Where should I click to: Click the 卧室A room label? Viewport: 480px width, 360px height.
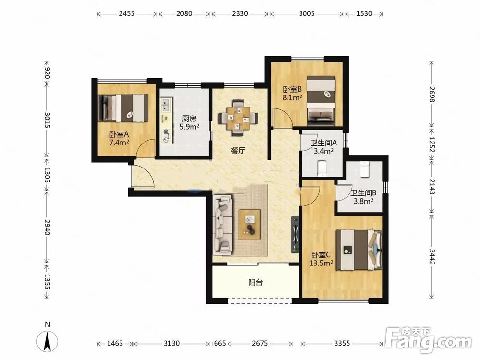coord(119,134)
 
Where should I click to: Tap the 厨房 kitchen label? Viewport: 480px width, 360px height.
coord(189,119)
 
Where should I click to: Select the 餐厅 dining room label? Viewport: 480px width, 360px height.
coord(238,151)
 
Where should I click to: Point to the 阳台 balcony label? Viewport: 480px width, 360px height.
coord(255,282)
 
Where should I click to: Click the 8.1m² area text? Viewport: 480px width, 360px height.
coord(293,97)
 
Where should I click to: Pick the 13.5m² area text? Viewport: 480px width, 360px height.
coord(321,263)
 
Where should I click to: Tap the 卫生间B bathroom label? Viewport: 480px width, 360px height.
coord(363,193)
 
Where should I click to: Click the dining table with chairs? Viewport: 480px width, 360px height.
coord(238,118)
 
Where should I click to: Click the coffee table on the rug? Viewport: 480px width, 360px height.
coord(250,224)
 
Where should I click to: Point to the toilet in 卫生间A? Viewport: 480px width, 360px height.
coord(323,168)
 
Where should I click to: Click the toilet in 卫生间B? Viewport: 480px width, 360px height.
coord(364,169)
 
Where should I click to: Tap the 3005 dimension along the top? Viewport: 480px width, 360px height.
coord(307,14)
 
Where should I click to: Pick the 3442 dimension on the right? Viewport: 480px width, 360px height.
coord(432,256)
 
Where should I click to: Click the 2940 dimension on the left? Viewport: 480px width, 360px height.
coord(47,227)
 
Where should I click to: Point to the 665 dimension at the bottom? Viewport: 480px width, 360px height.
coord(220,344)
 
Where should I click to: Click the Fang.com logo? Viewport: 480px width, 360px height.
coord(428,340)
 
